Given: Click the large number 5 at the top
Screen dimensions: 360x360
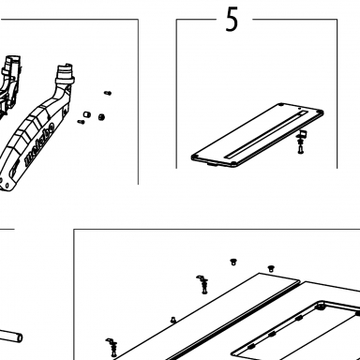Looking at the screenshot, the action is click(232, 20).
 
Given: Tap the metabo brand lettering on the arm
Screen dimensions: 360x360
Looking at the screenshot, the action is click(39, 144).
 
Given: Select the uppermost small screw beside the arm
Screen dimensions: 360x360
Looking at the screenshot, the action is click(108, 93).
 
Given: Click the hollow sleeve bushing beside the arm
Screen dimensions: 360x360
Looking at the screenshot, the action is click(86, 114).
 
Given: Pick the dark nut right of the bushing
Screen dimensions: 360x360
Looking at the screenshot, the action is click(101, 117).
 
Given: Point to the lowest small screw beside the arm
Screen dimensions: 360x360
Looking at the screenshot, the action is click(81, 122).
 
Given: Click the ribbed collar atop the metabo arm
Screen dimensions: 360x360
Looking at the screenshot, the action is click(65, 74).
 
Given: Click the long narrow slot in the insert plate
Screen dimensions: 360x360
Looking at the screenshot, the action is click(266, 133).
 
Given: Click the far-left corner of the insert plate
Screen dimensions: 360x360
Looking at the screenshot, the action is click(193, 157).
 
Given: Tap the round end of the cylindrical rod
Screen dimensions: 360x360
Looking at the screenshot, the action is click(19, 337).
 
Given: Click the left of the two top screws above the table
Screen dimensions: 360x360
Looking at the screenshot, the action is click(232, 262).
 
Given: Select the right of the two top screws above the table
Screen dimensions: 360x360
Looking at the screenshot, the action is click(271, 268).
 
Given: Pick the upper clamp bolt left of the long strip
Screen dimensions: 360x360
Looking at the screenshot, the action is click(202, 284).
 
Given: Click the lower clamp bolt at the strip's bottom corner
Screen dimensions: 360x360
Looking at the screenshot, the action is click(112, 348).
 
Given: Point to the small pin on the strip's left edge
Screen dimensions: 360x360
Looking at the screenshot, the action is click(172, 320).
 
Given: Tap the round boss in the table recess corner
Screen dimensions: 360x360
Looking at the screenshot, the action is click(320, 307).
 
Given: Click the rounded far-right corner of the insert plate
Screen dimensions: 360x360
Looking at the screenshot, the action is click(322, 112).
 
